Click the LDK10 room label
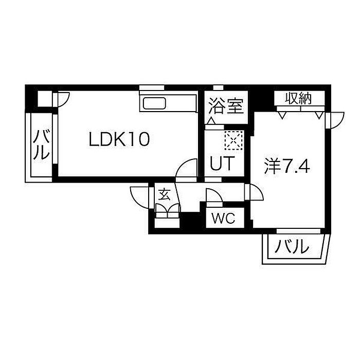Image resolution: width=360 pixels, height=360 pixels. (x=119, y=139)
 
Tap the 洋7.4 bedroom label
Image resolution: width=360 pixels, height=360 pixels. (x=287, y=167)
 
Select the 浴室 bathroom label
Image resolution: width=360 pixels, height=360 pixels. (x=226, y=106)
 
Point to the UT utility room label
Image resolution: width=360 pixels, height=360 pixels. (x=222, y=163)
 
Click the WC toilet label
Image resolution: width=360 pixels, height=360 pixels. (x=223, y=218)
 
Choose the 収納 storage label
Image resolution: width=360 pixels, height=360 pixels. (x=298, y=99)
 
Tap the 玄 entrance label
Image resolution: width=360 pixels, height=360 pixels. (x=165, y=194)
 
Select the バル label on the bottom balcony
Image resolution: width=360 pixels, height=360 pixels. (x=292, y=246)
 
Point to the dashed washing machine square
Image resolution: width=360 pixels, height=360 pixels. (x=234, y=140)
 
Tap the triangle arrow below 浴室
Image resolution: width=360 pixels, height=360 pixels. (x=211, y=121)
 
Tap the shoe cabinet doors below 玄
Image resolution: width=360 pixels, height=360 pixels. (x=167, y=210)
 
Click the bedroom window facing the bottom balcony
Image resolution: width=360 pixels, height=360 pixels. (x=298, y=231)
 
